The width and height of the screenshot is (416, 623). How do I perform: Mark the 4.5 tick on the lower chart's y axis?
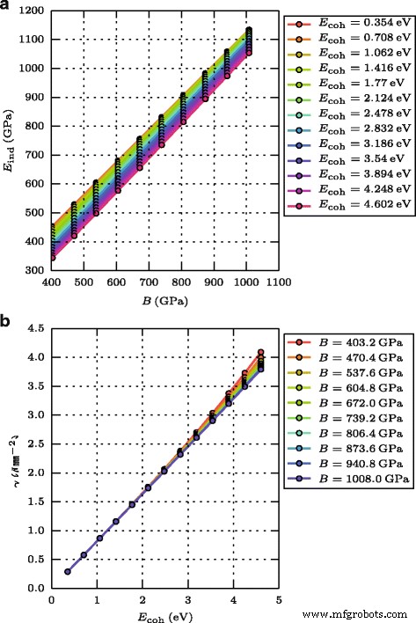coord(37,328)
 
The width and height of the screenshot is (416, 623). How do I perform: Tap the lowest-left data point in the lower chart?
coord(67,571)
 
